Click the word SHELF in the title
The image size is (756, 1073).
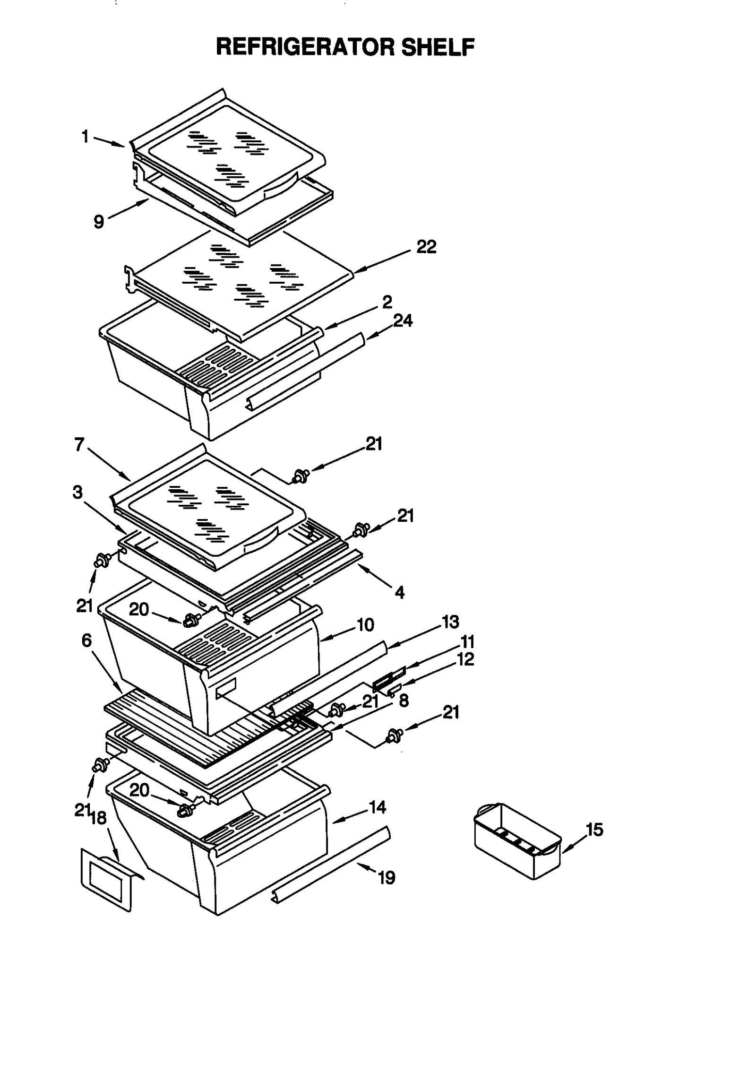coord(438,47)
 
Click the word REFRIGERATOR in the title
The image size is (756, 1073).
coord(305,47)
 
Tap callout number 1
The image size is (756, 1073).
coord(85,137)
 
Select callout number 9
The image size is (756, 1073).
coord(98,221)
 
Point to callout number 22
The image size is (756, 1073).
coord(426,247)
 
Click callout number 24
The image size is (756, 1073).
coord(403,321)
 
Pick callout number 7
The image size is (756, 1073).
coord(79,444)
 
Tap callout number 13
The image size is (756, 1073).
coord(450,622)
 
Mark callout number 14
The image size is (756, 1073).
coord(377,807)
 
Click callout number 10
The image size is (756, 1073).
coord(365,625)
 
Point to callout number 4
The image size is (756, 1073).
coord(400,592)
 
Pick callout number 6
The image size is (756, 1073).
coord(86,640)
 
